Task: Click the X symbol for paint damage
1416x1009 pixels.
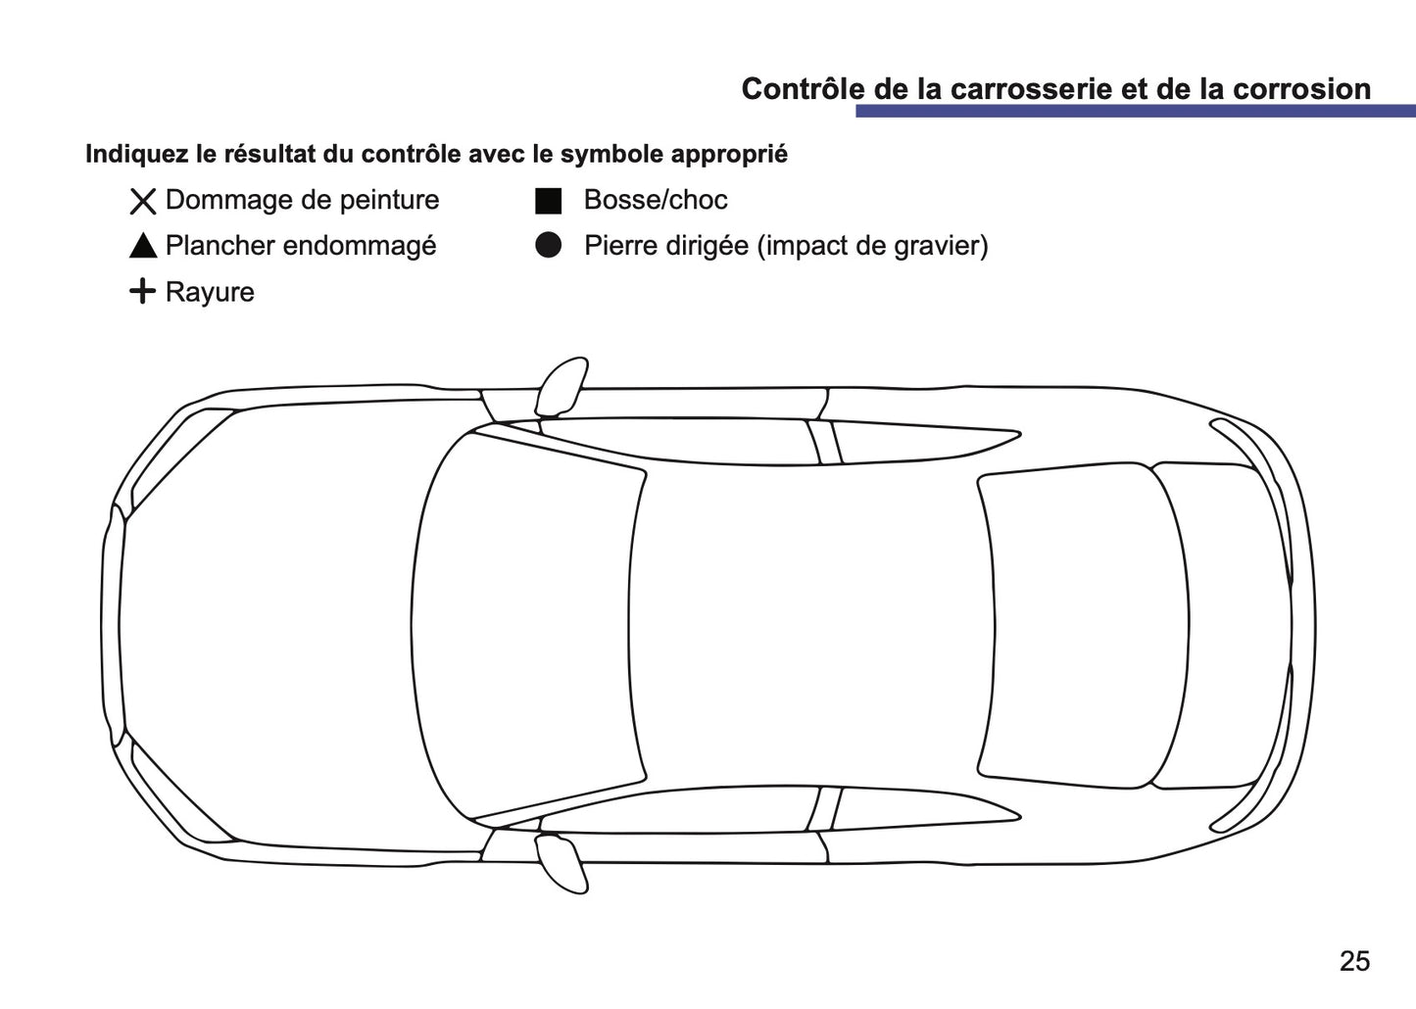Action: point(143,202)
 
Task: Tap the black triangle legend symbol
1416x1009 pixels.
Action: point(143,246)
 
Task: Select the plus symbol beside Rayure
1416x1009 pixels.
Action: point(143,291)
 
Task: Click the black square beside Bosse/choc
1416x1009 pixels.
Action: point(548,201)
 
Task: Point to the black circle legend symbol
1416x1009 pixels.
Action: point(548,246)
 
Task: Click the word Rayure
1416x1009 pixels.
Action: point(210,292)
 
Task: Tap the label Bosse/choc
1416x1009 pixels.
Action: point(655,200)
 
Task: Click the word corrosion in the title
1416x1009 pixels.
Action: point(1301,89)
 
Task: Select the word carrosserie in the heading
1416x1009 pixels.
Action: point(1026,89)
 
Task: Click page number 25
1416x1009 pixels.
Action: point(1354,961)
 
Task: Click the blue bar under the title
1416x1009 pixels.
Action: point(1113,112)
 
